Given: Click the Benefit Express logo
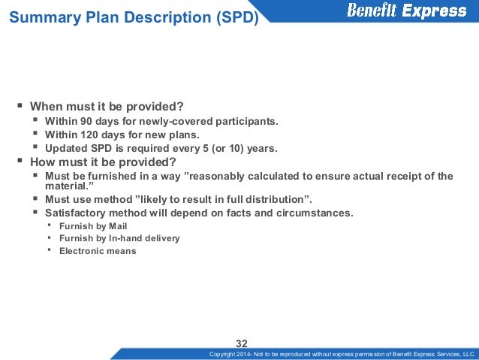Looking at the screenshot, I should (x=406, y=11).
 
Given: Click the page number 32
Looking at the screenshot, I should (x=242, y=343).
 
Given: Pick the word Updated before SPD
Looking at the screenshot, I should (x=66, y=148).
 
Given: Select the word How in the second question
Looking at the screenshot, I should (x=43, y=162).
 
